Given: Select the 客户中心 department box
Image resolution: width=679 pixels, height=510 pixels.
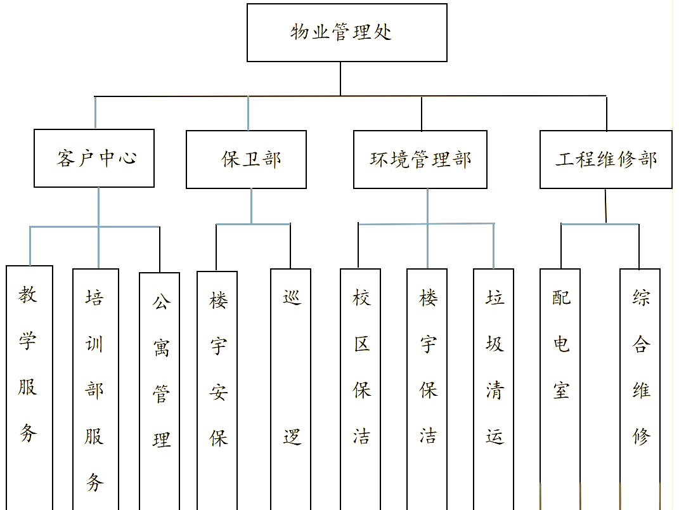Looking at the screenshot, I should (x=94, y=158).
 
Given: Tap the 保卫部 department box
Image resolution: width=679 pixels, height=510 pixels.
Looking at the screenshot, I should (x=246, y=159).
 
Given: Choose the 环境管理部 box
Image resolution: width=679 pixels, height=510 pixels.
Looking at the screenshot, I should (x=420, y=159).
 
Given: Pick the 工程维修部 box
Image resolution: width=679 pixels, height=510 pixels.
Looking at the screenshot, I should (x=605, y=159).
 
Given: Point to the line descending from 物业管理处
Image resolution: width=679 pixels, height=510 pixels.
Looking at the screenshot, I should (x=340, y=79).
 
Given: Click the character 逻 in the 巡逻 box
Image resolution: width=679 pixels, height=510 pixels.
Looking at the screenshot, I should (x=292, y=436).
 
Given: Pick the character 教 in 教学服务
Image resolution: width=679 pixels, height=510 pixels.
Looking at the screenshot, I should (x=27, y=294).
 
